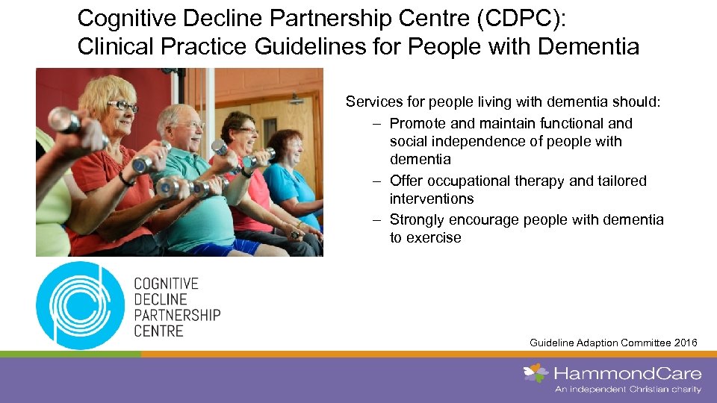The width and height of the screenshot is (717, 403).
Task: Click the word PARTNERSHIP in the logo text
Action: (x=177, y=315)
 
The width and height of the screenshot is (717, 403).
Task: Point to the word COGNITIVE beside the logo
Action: (x=166, y=284)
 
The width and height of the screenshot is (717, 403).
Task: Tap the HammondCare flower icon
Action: (x=536, y=373)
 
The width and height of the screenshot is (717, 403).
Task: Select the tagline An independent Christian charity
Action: (x=627, y=389)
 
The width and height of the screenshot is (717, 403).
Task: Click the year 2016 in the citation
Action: (x=684, y=343)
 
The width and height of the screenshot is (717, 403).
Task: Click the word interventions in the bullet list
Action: (x=432, y=199)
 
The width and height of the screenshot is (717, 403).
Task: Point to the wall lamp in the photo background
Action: (x=297, y=99)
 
